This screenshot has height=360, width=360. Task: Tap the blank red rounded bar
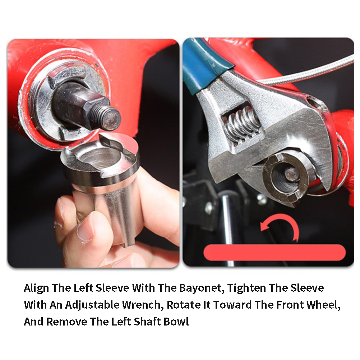coord(274,252)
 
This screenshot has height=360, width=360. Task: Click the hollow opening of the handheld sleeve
coord(100,157)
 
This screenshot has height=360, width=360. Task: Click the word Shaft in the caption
coord(147,322)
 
